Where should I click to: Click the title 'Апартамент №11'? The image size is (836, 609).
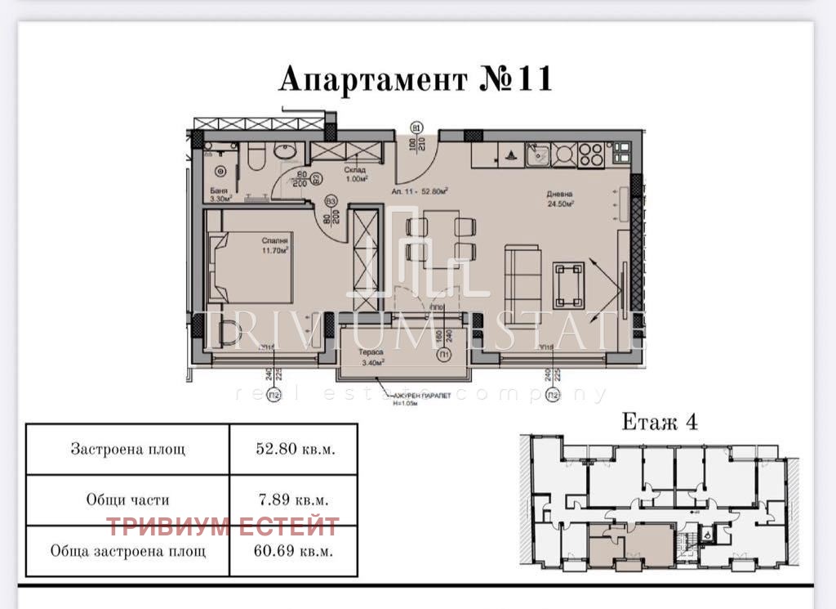416,79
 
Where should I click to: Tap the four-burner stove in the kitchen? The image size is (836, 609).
589,153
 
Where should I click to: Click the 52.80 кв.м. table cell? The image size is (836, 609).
294,449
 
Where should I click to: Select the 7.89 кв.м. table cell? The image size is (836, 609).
294,499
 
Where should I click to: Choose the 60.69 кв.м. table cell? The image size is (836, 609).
294,551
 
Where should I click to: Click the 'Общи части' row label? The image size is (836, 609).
127,499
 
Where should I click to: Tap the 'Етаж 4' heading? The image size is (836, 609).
659,422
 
